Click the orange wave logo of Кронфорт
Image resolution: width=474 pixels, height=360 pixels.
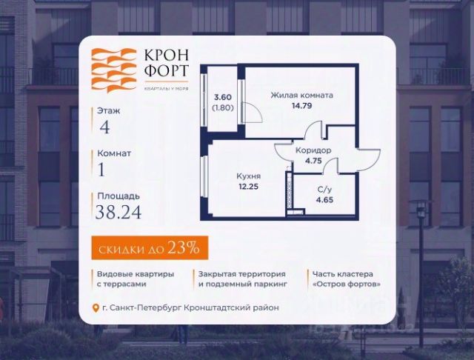(113, 69)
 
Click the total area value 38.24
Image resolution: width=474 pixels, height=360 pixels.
(118, 213)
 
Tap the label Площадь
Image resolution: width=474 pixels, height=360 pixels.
(118, 196)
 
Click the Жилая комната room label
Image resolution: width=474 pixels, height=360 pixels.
(301, 96)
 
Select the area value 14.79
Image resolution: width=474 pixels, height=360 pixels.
(301, 107)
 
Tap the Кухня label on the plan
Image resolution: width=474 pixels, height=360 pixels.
(248, 178)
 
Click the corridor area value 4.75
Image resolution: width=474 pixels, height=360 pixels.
(315, 161)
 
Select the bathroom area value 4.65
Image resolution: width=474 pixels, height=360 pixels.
(324, 199)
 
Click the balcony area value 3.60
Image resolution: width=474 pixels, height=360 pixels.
(224, 97)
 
